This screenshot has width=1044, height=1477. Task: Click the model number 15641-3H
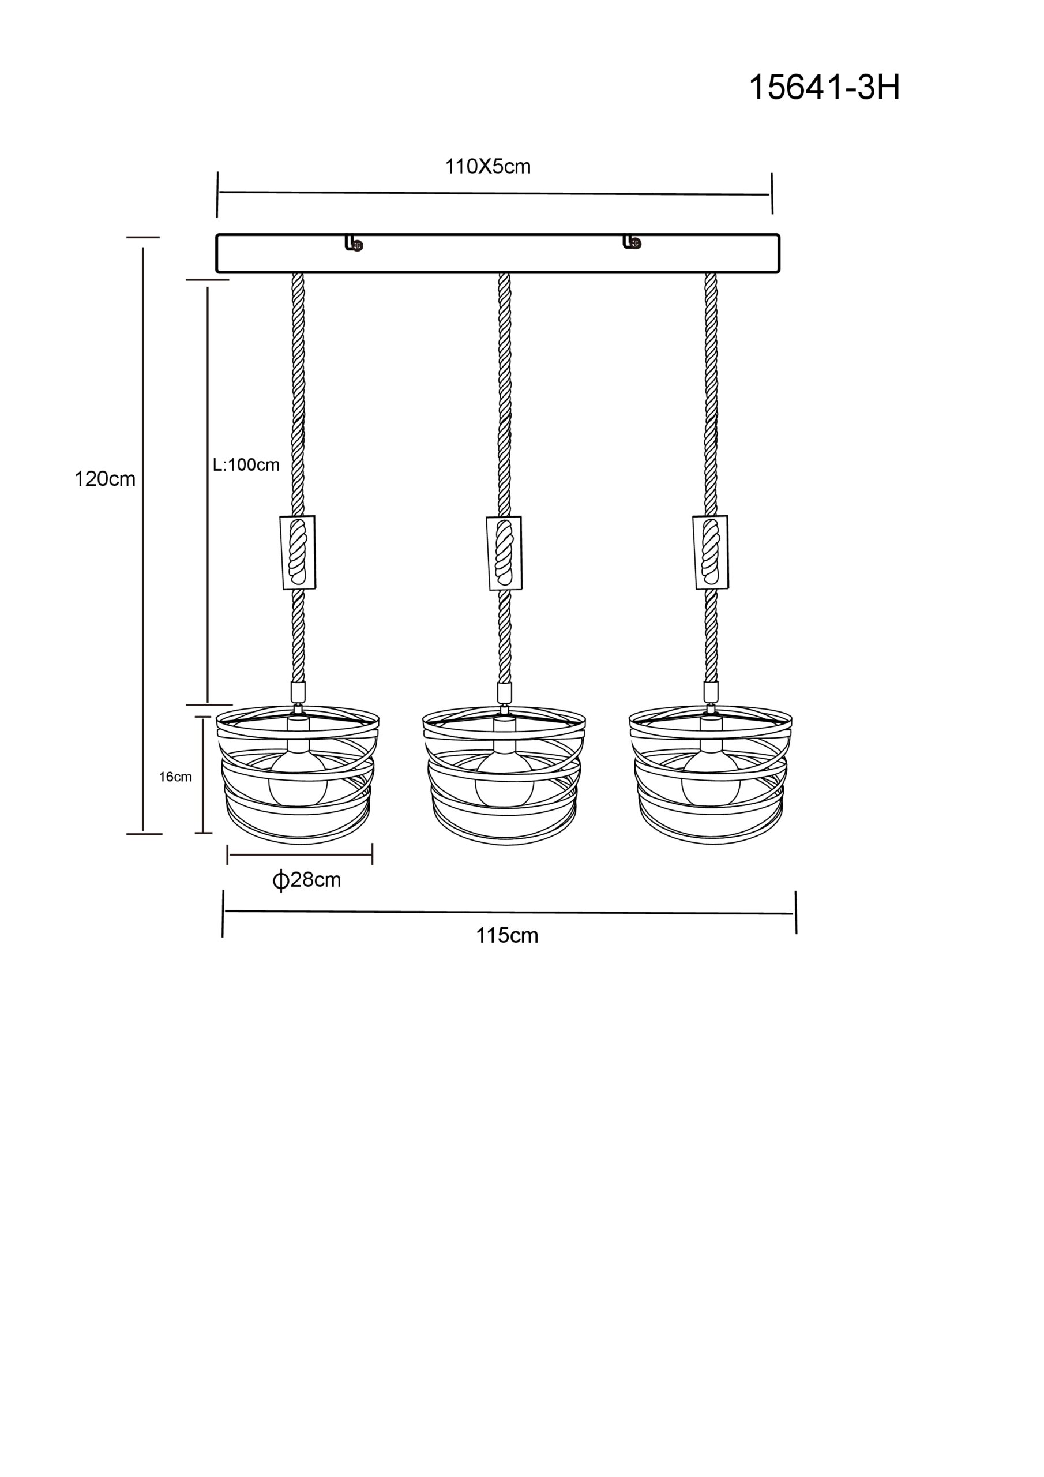tap(824, 88)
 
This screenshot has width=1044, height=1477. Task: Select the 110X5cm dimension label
tap(487, 167)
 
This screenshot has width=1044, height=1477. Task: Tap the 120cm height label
tap(105, 479)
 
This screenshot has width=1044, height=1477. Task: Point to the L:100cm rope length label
tap(246, 464)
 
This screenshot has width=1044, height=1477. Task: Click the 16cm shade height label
tap(175, 777)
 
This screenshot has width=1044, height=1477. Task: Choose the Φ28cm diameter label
tap(306, 880)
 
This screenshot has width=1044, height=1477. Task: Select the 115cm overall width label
tap(507, 935)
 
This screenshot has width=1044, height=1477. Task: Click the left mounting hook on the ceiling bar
tap(354, 242)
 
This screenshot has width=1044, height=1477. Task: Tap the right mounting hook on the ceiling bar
tap(632, 242)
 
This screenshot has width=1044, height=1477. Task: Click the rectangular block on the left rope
tap(298, 552)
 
